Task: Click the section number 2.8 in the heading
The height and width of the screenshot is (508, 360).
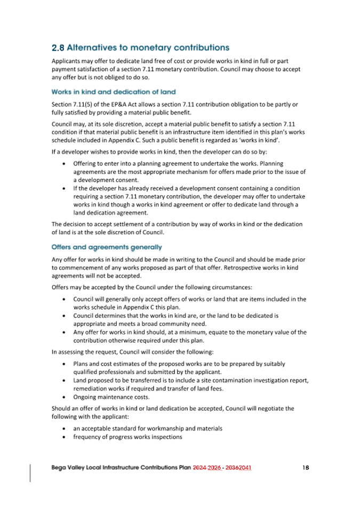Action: tap(58, 48)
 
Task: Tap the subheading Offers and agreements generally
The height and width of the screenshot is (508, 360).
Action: tap(107, 247)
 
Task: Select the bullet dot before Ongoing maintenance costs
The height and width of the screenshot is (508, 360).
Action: tap(65, 397)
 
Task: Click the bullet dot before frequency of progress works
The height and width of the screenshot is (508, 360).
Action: tap(65, 437)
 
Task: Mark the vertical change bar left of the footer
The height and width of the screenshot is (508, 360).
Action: tap(30, 472)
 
